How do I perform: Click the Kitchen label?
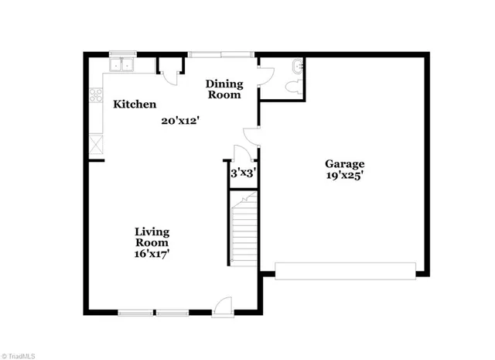point(135,105)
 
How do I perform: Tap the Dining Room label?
point(224,90)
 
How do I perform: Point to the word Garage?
point(344,163)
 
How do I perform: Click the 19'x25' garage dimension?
point(344,176)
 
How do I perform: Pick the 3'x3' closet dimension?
point(243,174)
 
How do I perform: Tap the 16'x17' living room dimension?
point(152,253)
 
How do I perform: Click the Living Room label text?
point(152,237)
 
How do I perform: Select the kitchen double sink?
point(122,65)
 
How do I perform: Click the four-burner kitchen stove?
point(97,96)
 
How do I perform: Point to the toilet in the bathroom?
point(292,87)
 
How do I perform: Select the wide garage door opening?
point(345,270)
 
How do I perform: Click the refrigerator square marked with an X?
point(96,142)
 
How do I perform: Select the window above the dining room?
point(220,54)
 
